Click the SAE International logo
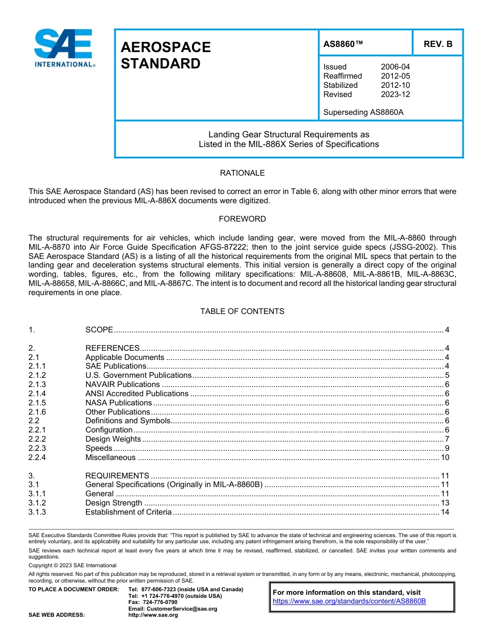click(64, 48)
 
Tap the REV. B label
click(438, 44)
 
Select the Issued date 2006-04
click(395, 67)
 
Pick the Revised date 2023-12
click(395, 94)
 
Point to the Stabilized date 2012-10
click(395, 85)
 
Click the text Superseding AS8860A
click(363, 112)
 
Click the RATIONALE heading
click(242, 173)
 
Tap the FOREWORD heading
click(242, 219)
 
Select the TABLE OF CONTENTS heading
click(242, 311)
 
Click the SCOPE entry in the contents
click(99, 330)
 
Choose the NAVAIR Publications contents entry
click(123, 384)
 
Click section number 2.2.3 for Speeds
click(37, 448)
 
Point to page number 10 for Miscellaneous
click(445, 457)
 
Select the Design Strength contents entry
click(114, 503)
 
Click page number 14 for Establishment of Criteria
click(445, 512)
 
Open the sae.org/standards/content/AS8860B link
click(349, 601)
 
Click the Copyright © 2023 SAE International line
click(72, 565)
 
